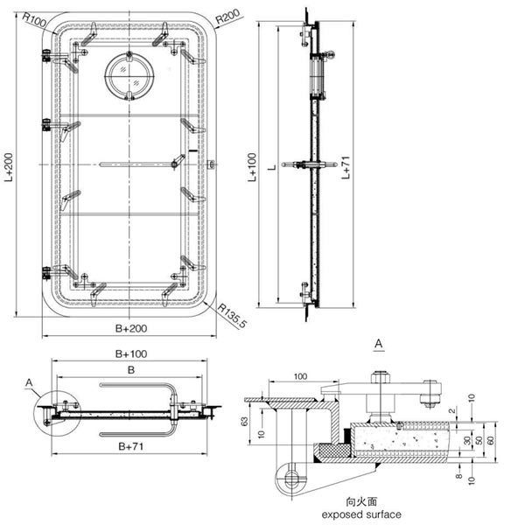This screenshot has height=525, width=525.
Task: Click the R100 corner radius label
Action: tap(34, 18)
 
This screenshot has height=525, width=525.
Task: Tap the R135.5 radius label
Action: tap(232, 313)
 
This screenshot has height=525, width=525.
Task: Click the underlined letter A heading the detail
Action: tap(378, 339)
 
